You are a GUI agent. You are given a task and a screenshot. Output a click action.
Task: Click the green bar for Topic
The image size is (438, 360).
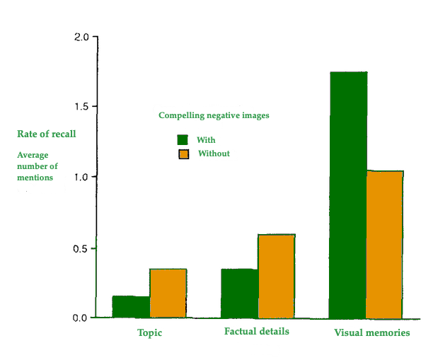pos(131,306)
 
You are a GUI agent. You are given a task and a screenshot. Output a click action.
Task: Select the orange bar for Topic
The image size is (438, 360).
pos(168,293)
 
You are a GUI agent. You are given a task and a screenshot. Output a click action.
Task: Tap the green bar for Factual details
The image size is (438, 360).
pos(239,293)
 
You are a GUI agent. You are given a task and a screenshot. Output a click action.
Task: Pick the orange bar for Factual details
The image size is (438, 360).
pos(276,276)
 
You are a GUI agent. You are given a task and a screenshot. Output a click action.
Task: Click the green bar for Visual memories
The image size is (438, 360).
pos(348,194)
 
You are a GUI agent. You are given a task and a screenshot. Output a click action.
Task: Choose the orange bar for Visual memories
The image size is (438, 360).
pos(385,244)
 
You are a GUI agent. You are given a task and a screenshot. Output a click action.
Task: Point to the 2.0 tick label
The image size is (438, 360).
pos(81,37)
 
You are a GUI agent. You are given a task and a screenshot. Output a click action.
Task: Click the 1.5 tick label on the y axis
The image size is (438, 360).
pos(81,107)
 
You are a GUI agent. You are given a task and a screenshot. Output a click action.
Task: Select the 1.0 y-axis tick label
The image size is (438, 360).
pos(81,177)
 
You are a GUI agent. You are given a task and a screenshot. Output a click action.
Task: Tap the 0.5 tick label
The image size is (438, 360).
pos(81,248)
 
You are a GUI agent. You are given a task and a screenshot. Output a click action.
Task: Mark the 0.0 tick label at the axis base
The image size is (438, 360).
pos(81,318)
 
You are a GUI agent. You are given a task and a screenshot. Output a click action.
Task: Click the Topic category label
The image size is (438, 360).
pos(149,332)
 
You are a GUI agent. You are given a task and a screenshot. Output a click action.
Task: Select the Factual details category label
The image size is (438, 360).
pos(256,331)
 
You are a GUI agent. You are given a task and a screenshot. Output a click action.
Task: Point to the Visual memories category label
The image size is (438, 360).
pos(371,332)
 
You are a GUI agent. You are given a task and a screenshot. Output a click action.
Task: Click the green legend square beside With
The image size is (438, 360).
pos(183,139)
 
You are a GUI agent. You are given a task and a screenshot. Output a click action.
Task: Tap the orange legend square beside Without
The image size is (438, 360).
pos(183,154)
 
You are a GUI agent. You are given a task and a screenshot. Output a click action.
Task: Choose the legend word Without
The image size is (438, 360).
pos(214,153)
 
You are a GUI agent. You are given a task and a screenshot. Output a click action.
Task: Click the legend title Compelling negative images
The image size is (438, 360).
pos(214,115)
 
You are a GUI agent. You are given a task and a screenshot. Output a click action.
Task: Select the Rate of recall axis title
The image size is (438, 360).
pos(46,134)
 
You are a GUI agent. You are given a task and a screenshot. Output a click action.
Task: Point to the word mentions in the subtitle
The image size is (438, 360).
pos(35,178)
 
